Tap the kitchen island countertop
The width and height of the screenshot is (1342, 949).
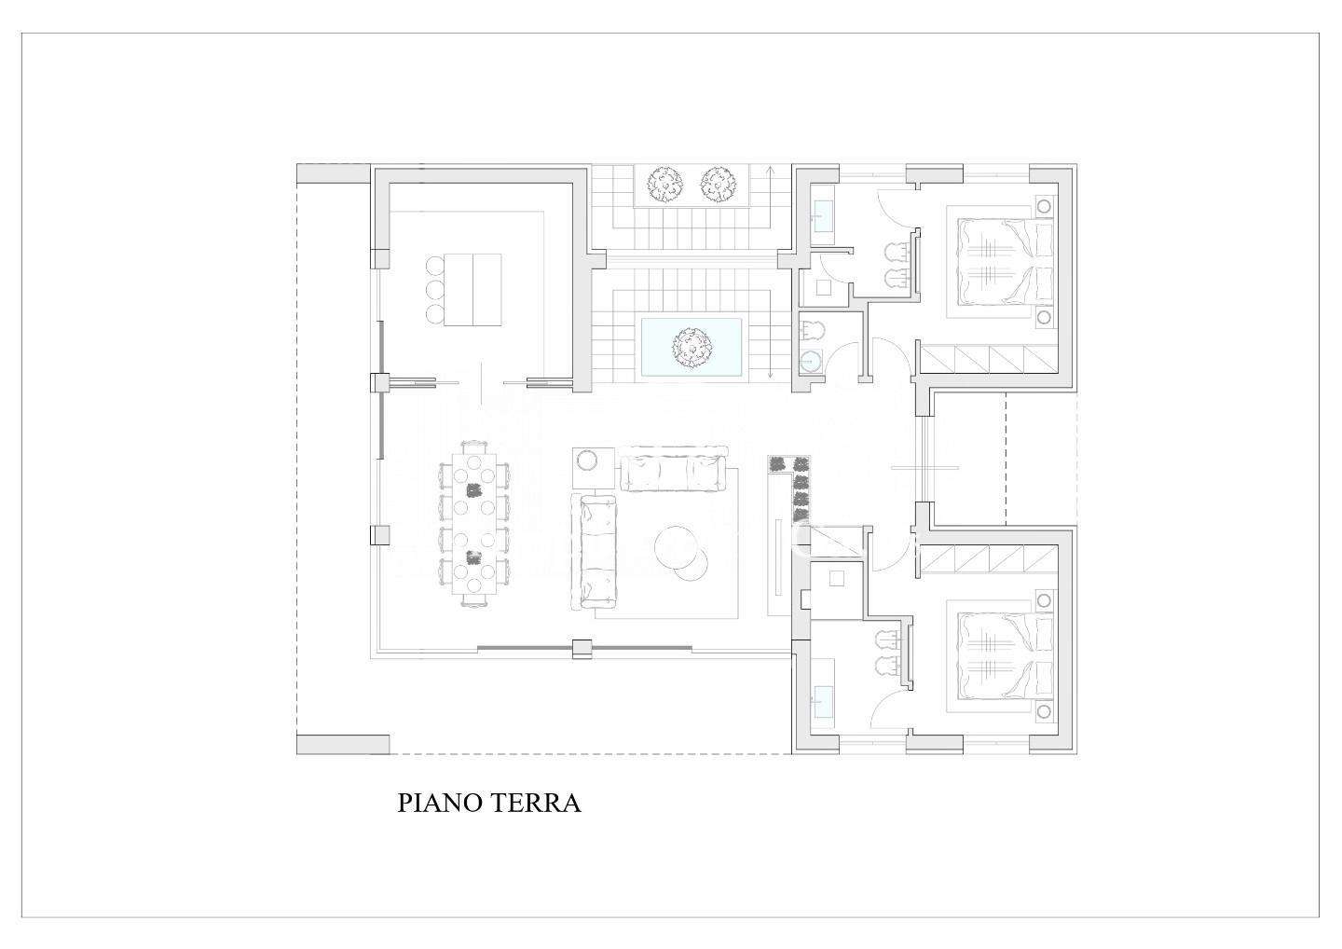(x=472, y=289)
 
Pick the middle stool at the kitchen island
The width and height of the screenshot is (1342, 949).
(x=433, y=289)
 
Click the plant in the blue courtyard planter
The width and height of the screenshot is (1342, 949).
(x=692, y=348)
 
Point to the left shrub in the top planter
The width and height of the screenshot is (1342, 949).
(x=665, y=184)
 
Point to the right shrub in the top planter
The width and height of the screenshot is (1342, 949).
(x=718, y=184)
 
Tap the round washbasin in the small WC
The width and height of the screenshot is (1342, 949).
(x=812, y=362)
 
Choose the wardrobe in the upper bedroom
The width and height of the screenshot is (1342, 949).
(x=989, y=360)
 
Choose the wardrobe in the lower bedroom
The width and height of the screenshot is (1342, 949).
(x=989, y=558)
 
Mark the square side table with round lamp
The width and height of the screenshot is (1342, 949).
(x=593, y=468)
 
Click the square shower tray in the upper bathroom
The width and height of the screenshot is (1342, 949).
(x=824, y=288)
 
